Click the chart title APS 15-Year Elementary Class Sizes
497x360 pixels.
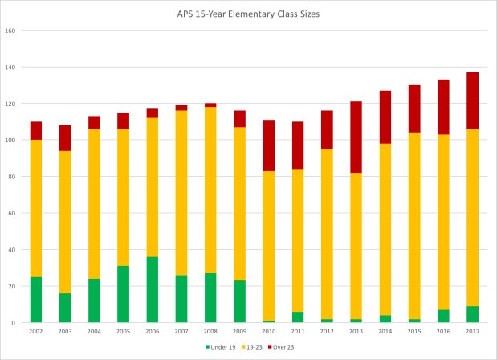(250, 14)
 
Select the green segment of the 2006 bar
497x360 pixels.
(152, 289)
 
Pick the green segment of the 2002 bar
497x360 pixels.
(36, 300)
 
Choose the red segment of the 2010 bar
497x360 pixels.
(268, 145)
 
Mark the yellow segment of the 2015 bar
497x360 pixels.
(413, 202)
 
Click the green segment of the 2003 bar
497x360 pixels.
(65, 308)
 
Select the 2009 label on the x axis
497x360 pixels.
(239, 330)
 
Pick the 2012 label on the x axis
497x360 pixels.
(326, 330)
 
